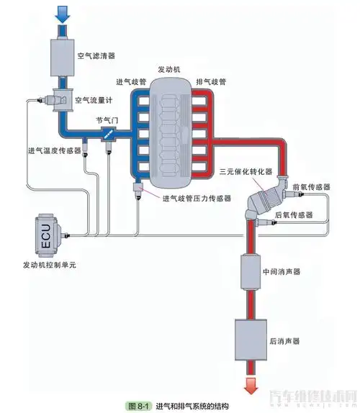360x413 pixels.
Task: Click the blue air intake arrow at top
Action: click(x=63, y=12)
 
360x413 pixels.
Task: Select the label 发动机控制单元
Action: click(x=49, y=265)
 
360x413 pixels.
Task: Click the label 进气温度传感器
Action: click(x=53, y=150)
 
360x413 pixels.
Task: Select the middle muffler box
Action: click(x=252, y=272)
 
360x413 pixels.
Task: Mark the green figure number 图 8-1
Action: click(x=137, y=406)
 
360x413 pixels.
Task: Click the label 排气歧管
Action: click(x=211, y=82)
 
